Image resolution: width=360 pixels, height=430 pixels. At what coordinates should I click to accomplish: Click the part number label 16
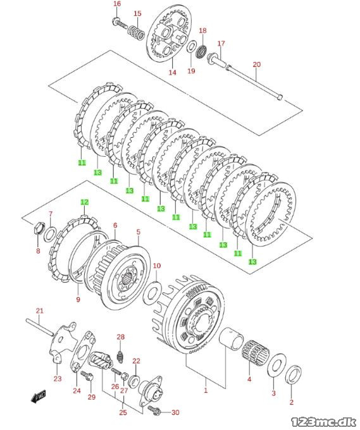(x=117, y=4)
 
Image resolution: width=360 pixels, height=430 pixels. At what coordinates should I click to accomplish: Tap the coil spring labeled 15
(x=137, y=33)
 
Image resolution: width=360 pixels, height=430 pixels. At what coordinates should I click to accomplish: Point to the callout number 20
(x=256, y=64)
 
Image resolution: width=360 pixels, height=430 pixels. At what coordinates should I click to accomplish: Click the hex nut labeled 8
(x=38, y=228)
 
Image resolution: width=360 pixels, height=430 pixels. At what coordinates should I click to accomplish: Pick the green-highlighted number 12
(x=85, y=202)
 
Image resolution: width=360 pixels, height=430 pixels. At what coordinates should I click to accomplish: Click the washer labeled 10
(x=152, y=292)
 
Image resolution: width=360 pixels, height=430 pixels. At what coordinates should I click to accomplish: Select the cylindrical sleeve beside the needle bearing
(x=232, y=339)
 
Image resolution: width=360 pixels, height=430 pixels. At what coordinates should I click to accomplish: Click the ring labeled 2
(x=294, y=375)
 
